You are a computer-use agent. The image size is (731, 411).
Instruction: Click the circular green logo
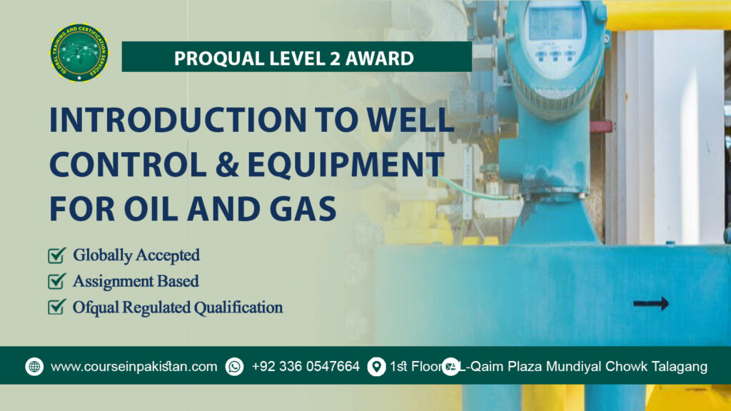click(x=79, y=53)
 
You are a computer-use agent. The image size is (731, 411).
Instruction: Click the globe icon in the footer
click(x=34, y=367)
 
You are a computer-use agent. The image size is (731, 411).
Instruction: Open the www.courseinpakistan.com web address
click(x=134, y=367)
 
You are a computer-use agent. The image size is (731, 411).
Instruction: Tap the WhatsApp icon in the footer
click(x=234, y=367)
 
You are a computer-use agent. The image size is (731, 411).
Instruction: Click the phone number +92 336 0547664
click(x=306, y=367)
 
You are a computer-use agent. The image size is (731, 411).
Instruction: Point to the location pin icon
click(x=375, y=367)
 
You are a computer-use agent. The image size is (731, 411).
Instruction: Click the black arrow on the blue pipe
click(x=650, y=303)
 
